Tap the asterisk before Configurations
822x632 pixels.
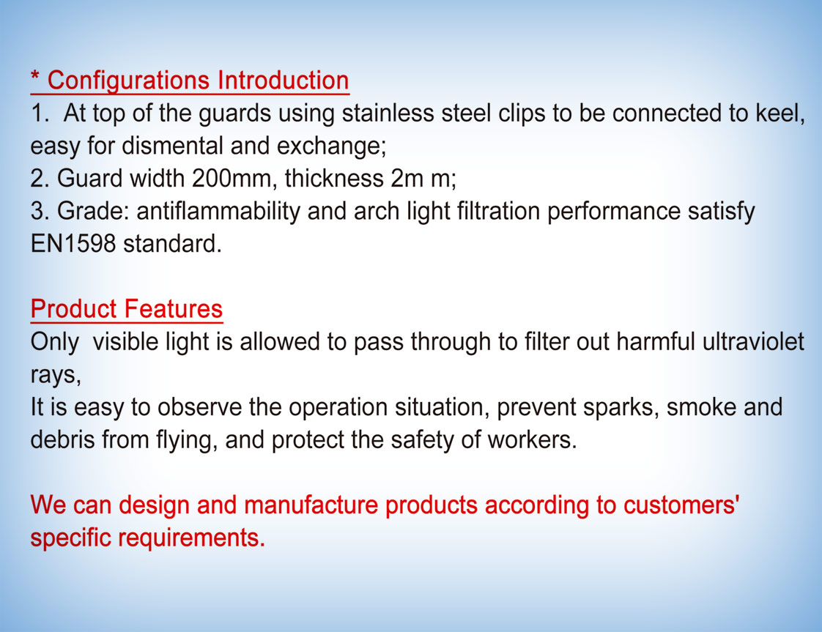pos(35,76)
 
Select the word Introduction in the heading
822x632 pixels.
pos(283,81)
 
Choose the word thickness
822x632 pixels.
pos(334,178)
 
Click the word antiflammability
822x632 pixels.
pos(218,211)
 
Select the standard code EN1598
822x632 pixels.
pos(73,244)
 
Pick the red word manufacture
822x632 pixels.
pos(311,505)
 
